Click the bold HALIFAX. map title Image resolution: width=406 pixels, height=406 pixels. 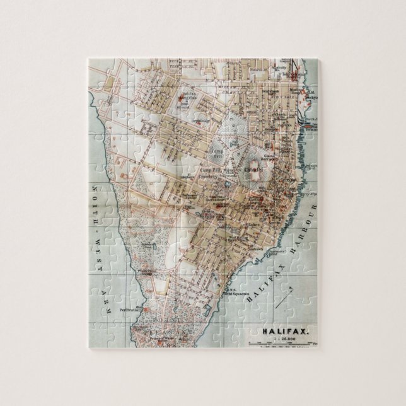tap(281, 330)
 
